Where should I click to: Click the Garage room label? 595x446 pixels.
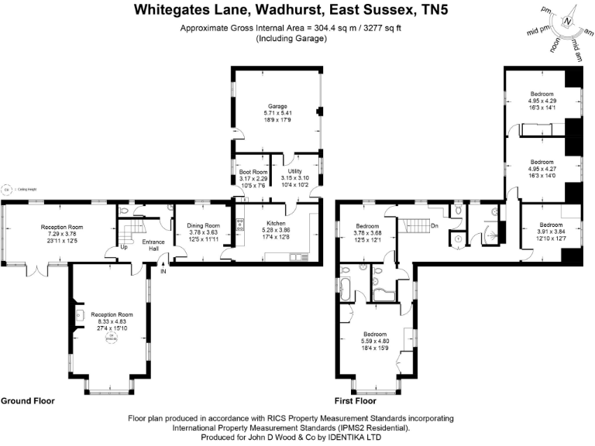pyautogui.click(x=277, y=106)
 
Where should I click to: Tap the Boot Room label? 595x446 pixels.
pyautogui.click(x=253, y=172)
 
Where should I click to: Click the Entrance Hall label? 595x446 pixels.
pyautogui.click(x=154, y=245)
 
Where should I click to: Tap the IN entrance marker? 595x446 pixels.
pyautogui.click(x=163, y=271)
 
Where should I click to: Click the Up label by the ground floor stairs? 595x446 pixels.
pyautogui.click(x=123, y=248)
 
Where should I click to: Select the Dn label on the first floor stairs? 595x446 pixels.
pyautogui.click(x=435, y=226)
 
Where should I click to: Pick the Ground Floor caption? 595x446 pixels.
pyautogui.click(x=27, y=402)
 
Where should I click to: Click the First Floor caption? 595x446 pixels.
pyautogui.click(x=356, y=402)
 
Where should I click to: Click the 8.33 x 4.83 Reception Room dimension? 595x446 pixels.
pyautogui.click(x=112, y=321)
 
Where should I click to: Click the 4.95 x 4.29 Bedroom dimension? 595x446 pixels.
pyautogui.click(x=542, y=101)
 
